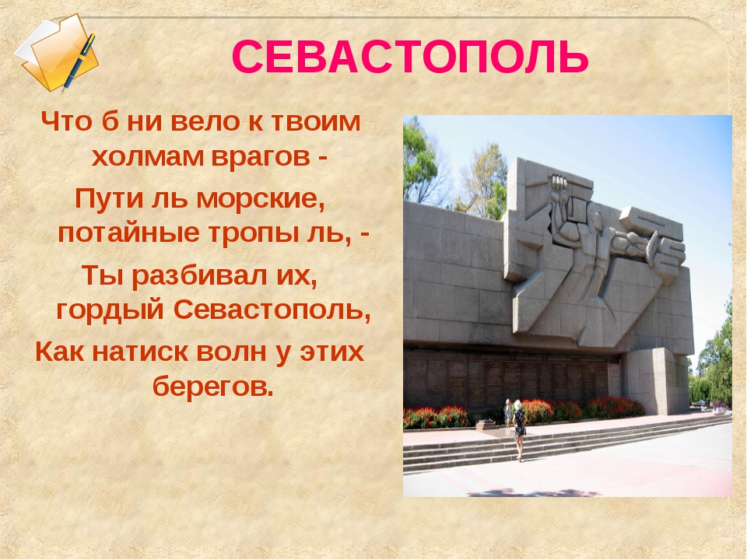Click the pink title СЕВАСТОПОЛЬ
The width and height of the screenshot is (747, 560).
410,57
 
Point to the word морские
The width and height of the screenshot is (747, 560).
261,198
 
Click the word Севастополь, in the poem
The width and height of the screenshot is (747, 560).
272,310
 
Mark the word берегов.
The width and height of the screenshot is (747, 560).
213,387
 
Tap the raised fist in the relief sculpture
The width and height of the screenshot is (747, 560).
557,184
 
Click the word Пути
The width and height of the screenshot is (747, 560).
109,198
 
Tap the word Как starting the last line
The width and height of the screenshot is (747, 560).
59,352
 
